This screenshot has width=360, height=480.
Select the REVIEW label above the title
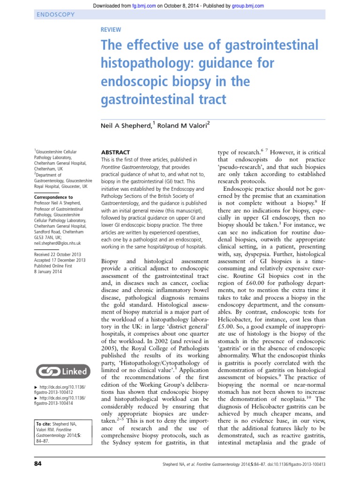(x=111, y=30)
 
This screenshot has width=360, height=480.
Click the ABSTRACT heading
(x=116, y=153)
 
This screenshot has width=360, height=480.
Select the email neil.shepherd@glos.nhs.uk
(x=58, y=243)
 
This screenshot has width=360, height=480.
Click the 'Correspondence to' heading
(x=53, y=198)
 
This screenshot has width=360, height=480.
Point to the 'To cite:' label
(x=45, y=424)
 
